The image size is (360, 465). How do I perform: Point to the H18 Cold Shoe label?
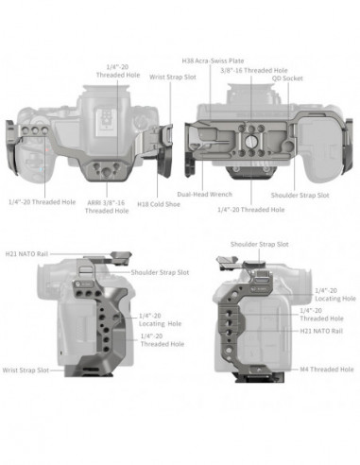tap(156, 202)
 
